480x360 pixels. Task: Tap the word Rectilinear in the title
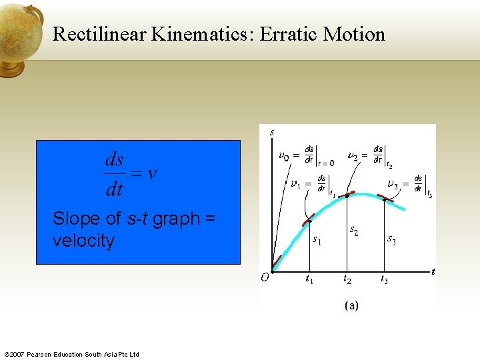pyautogui.click(x=100, y=34)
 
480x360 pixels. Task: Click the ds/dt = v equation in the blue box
pyautogui.click(x=131, y=175)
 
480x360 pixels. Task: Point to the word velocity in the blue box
pyautogui.click(x=83, y=241)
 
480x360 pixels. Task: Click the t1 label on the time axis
pyautogui.click(x=309, y=279)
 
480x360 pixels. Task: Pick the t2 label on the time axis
pyautogui.click(x=348, y=279)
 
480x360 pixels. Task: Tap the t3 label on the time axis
pyautogui.click(x=385, y=279)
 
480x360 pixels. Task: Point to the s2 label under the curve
pyautogui.click(x=355, y=231)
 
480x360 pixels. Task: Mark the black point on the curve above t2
pyautogui.click(x=347, y=195)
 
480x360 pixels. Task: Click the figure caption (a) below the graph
pyautogui.click(x=351, y=305)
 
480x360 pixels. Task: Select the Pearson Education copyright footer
pyautogui.click(x=71, y=354)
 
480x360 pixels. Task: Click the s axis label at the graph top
pyautogui.click(x=272, y=132)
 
